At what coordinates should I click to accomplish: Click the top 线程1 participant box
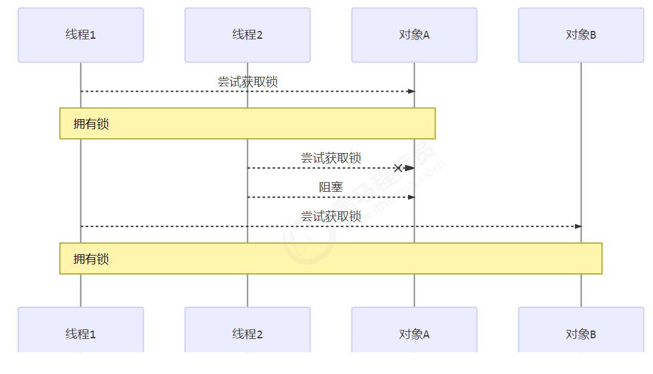tap(80, 35)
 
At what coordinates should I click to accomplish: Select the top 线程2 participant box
tap(247, 35)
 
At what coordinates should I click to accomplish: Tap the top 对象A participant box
tap(414, 35)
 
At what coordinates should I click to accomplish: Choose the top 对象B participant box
tap(581, 35)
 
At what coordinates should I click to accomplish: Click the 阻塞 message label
tap(331, 188)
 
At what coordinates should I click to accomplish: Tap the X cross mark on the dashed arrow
tap(398, 168)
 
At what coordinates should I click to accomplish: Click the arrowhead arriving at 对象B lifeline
tap(577, 226)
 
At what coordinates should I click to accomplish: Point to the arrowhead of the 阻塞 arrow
tap(411, 197)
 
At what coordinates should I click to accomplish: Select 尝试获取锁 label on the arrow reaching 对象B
tap(331, 217)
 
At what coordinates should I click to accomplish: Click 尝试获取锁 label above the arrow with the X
tap(331, 158)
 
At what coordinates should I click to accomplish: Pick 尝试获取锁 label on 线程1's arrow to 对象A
tap(247, 82)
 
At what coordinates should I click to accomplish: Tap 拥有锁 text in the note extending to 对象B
tap(91, 259)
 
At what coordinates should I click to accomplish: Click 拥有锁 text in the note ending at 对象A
tap(91, 124)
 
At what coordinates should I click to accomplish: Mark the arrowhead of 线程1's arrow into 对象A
tap(411, 91)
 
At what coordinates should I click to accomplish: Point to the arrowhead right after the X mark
tap(409, 168)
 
